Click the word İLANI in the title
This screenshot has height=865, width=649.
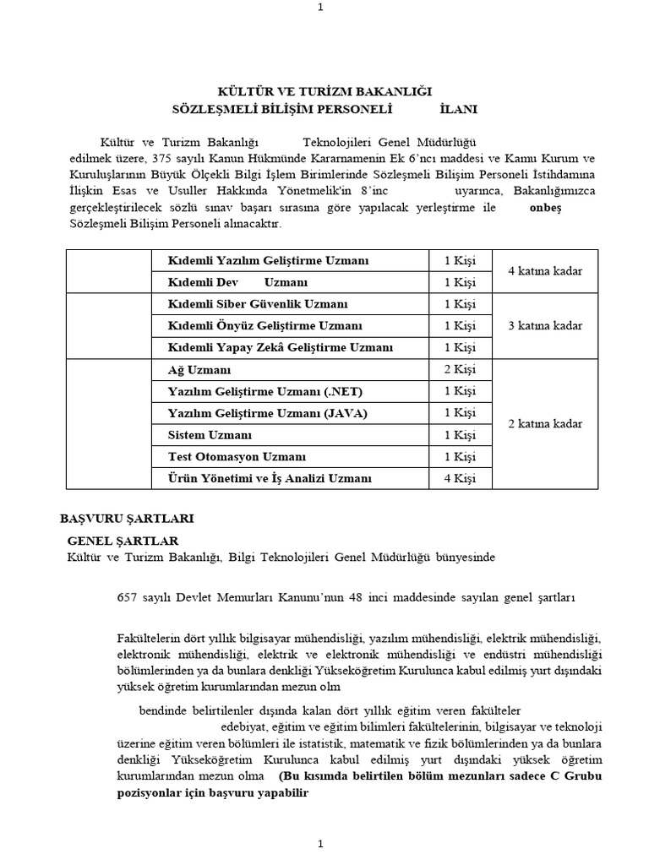tap(458, 109)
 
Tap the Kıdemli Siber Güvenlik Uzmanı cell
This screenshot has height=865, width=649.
tap(257, 304)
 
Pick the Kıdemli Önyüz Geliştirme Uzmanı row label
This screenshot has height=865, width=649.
tap(265, 326)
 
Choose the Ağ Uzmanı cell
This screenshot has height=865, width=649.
tap(199, 370)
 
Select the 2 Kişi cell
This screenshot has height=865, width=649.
tap(460, 370)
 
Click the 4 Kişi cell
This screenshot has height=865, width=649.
tap(460, 479)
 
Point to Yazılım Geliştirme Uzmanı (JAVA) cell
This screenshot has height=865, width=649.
tap(256, 413)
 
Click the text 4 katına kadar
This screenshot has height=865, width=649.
tap(545, 271)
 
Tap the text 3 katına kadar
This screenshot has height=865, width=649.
tap(545, 326)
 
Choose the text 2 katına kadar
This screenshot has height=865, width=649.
tap(545, 424)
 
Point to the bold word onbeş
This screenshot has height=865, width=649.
tap(545, 208)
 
